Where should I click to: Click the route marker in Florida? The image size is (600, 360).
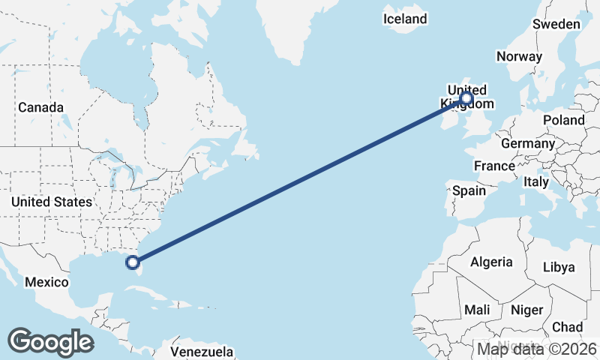point(133,262)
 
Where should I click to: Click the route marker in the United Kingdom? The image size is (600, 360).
point(466,97)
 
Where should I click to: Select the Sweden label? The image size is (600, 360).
point(556,24)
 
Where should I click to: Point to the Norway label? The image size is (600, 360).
point(519,57)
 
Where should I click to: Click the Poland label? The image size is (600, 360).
point(565,120)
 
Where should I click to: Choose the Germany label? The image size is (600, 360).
point(527,143)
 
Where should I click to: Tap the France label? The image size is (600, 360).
point(494,166)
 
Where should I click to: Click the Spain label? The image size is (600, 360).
point(469,190)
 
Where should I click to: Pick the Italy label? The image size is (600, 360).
point(536,181)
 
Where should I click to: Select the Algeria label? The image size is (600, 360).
point(491,262)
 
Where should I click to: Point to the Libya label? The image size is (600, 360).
point(558,267)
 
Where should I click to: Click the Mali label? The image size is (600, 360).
point(478,310)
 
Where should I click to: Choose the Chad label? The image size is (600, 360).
point(567,327)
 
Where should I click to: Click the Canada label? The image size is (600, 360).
point(40,107)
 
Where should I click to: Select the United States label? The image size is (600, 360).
point(52,202)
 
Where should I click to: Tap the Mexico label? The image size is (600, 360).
point(46,283)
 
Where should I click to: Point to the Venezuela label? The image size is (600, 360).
point(202,352)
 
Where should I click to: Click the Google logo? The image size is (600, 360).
point(50,341)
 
